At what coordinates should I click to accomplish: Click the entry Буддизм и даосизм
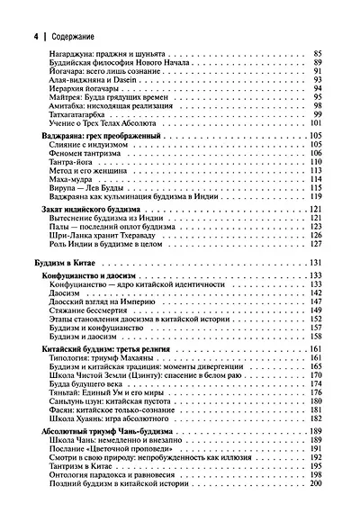(x=85, y=335)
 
